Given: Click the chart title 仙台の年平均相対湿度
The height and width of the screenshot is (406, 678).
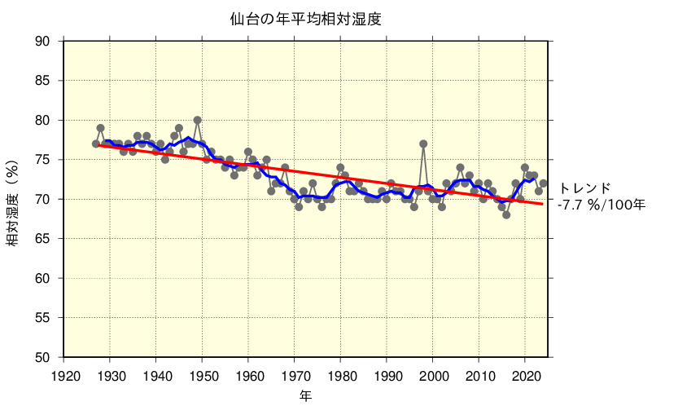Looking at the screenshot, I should click(x=305, y=18).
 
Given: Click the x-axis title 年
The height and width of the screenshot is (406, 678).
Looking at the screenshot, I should click(x=305, y=396).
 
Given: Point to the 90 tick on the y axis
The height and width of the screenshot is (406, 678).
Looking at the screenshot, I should click(x=47, y=42).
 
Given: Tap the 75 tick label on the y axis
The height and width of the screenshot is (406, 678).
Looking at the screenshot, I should click(x=47, y=160).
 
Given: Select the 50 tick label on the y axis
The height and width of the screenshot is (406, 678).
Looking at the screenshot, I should click(x=47, y=357).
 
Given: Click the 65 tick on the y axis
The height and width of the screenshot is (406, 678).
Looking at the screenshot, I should click(x=47, y=239).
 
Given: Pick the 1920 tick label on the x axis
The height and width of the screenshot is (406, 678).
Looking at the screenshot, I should click(x=65, y=375).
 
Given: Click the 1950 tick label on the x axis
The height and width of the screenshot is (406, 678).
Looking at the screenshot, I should click(x=203, y=375).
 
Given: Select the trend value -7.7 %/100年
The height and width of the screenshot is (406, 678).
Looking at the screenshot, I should click(x=601, y=205).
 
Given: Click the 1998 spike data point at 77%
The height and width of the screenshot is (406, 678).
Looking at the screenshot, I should click(x=423, y=143).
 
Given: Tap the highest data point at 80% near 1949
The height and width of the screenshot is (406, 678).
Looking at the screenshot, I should click(x=198, y=120).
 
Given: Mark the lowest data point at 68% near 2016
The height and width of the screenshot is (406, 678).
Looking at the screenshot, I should click(x=506, y=215).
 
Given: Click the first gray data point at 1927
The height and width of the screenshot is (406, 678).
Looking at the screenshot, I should click(x=96, y=143).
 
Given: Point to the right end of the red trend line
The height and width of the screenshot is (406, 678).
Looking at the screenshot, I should click(x=543, y=204).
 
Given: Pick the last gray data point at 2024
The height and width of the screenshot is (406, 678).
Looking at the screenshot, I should click(x=543, y=183).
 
